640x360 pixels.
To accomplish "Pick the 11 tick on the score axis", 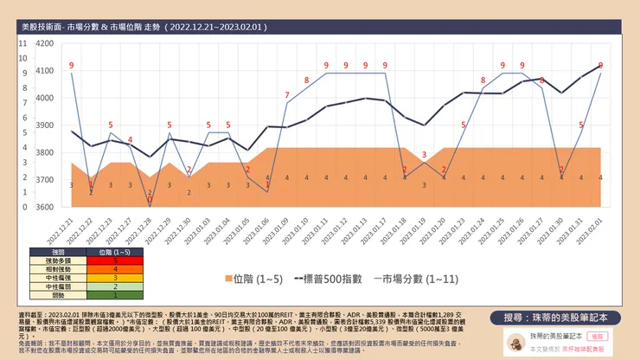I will coord(22,42).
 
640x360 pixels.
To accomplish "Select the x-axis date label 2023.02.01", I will coord(598,227).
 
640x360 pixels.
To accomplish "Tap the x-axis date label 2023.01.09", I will coord(285,227).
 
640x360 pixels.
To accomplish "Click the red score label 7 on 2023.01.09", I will coord(287,94).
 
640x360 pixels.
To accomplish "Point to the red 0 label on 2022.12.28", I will coord(150,201).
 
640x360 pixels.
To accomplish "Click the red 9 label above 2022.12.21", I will coord(72,66).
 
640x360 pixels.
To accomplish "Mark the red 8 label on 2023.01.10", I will coord(306,80).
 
